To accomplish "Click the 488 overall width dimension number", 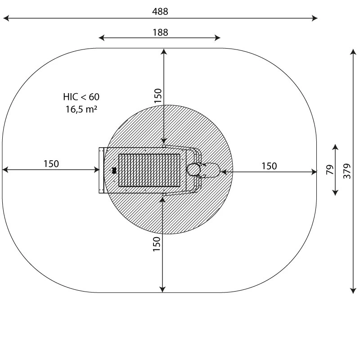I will click(160, 12).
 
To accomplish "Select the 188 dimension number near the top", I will click(160, 32).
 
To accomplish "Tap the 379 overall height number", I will click(346, 171).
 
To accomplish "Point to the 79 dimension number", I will click(329, 170).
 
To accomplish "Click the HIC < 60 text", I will click(81, 97).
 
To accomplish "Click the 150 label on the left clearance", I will click(51, 164).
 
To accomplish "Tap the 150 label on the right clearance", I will click(269, 166).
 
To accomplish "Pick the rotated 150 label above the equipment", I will click(157, 96).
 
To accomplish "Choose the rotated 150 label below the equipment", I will click(157, 243).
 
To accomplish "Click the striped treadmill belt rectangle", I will click(149, 171).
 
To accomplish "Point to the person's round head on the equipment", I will click(194, 170).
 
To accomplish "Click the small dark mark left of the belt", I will click(114, 171).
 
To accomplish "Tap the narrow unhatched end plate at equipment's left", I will click(101, 171).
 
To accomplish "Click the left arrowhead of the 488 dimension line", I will click(5, 18).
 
